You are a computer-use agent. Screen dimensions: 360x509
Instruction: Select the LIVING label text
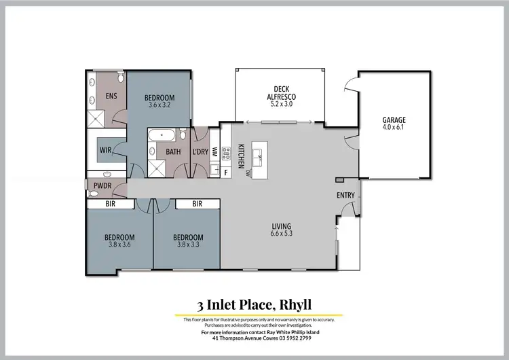pos(281,226)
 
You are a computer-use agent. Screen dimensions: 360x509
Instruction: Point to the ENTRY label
pos(345,196)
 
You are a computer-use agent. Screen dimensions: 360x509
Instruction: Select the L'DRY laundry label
pos(200,151)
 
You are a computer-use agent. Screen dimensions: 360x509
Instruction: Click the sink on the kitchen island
pos(259,158)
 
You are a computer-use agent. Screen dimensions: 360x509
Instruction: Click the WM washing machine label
pos(215,151)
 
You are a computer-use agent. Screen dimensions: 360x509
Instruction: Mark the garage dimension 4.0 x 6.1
pos(394,127)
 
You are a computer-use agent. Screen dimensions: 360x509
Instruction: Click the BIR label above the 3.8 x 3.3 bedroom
pos(197,203)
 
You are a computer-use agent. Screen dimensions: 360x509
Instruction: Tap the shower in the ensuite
pos(97,120)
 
